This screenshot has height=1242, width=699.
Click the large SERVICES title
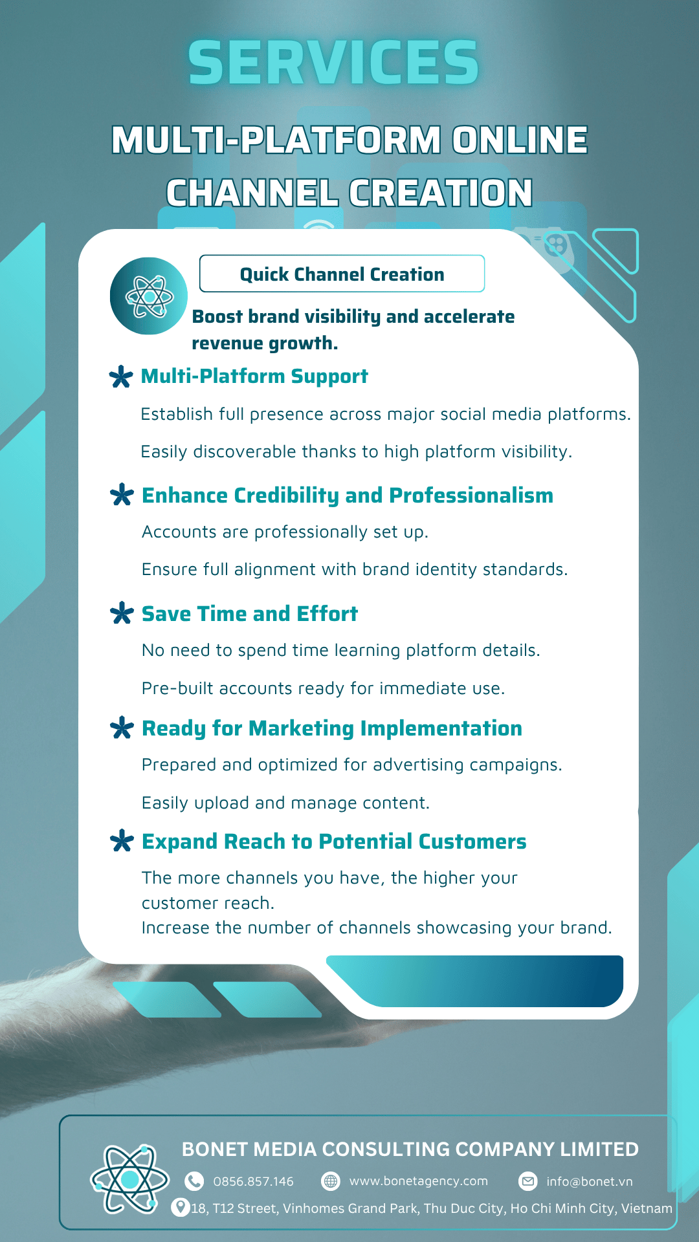tap(333, 63)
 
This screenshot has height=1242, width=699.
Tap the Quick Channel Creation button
tap(342, 274)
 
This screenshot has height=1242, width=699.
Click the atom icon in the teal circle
tap(149, 296)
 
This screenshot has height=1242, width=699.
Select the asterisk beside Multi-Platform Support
tap(122, 376)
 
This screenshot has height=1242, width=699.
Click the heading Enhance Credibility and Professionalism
tap(348, 496)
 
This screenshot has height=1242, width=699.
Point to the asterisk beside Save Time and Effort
tap(122, 613)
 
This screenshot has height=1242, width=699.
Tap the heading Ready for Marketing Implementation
tap(332, 728)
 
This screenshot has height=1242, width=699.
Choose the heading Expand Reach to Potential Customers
tap(334, 842)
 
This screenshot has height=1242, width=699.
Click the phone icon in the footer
tap(194, 1181)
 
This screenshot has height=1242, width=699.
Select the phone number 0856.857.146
tap(254, 1181)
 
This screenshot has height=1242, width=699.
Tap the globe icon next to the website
tap(331, 1181)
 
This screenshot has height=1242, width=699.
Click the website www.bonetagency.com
tap(419, 1181)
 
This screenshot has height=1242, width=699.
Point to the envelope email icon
tap(528, 1181)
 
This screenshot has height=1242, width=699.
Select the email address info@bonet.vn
tap(590, 1181)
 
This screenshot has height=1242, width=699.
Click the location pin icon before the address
tap(180, 1207)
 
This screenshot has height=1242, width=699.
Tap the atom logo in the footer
tap(129, 1179)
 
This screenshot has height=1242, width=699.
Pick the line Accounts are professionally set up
tap(285, 532)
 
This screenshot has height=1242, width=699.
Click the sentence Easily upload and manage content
tap(285, 803)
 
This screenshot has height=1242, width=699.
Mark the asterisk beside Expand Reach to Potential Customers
tap(122, 842)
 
